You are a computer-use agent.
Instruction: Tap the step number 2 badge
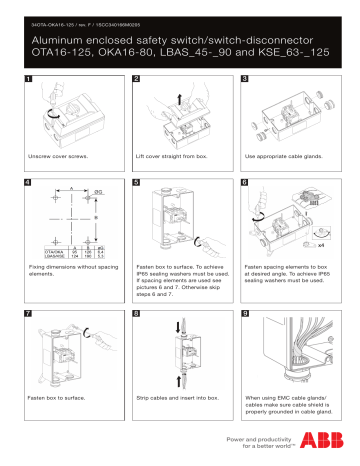point(137,78)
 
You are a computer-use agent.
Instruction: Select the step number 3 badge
point(243,78)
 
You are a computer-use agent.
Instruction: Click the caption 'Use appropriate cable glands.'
point(283,157)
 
